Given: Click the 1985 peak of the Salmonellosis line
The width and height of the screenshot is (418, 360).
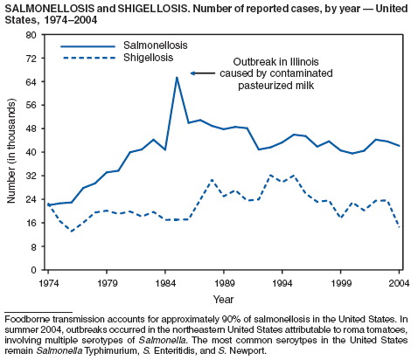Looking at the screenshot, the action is pos(177,77).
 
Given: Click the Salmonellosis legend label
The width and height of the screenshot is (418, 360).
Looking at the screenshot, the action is pos(156,45).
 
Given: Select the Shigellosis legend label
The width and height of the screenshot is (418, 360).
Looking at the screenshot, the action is pos(149,58).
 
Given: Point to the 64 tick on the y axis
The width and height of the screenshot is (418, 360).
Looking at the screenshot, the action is pos(31,82).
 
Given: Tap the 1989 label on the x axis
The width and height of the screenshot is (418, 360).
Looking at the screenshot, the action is pos(224,283).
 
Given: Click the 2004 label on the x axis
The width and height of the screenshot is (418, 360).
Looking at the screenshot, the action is pos(399,283).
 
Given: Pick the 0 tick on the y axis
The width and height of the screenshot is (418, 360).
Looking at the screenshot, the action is pos(34,270).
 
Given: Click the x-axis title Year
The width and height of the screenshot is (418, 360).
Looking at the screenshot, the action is pos(223,300).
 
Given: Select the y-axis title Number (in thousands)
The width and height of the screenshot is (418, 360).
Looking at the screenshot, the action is pos(11,151).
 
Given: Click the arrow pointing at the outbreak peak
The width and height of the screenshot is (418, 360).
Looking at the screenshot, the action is pos(203,73).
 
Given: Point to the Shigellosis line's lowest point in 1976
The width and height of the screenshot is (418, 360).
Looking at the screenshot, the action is pos(72,232).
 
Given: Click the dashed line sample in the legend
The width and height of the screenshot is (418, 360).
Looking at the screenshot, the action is pos(89,58).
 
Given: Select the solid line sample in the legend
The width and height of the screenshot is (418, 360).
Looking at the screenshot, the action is pos(88,46).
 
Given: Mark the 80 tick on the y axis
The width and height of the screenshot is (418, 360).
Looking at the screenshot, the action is pos(31,35).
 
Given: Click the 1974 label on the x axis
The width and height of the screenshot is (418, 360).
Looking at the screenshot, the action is pos(48,283).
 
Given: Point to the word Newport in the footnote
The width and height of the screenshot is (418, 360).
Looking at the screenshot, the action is pos(247,350).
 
